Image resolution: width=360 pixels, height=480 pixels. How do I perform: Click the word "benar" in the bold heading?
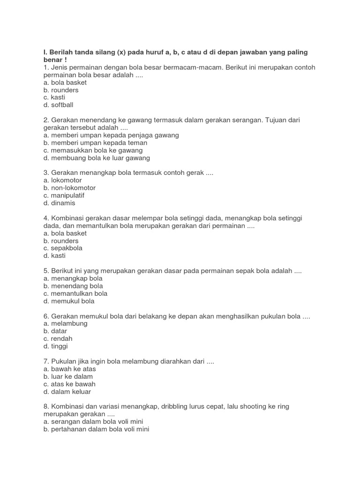[52, 60]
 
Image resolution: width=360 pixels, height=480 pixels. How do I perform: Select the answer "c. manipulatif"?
[64, 195]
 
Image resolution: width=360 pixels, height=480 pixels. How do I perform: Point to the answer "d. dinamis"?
[59, 203]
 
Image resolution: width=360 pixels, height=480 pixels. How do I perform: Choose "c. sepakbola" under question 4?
[63, 248]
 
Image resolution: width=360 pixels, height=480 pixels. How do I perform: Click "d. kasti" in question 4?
[54, 256]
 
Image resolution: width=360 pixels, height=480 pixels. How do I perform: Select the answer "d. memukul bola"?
[69, 301]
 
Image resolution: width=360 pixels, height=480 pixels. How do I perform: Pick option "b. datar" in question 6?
[55, 331]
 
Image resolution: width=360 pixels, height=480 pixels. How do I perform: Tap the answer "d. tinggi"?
[55, 346]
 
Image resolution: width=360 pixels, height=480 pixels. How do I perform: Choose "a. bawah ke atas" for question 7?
[69, 369]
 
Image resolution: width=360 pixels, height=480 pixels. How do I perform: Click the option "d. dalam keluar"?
[67, 391]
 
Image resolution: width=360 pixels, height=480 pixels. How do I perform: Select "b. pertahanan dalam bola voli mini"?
[96, 429]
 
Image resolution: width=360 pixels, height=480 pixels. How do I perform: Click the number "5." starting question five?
[46, 271]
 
